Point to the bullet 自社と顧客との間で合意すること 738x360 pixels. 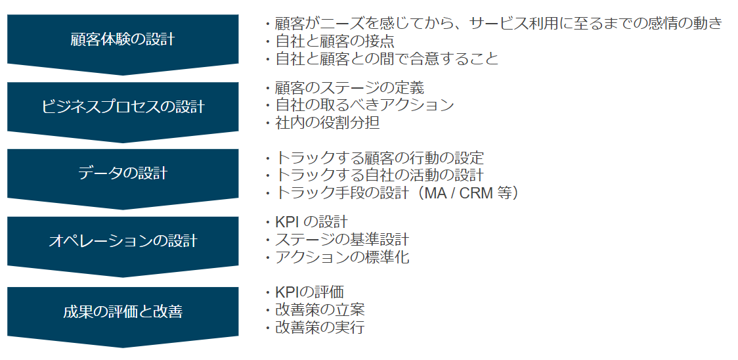point(381,59)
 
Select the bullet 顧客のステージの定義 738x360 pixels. point(344,87)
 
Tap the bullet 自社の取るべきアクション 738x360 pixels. point(358,105)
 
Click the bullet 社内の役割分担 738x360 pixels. point(322,122)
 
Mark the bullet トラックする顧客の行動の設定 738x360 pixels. point(374,158)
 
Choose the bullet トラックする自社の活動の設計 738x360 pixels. point(374,175)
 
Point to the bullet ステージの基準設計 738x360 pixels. point(336,239)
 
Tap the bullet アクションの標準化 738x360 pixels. point(336,258)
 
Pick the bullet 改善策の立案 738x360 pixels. point(314,309)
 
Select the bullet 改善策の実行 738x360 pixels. point(314,327)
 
